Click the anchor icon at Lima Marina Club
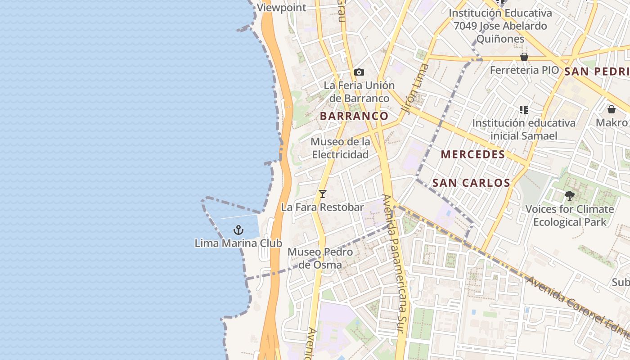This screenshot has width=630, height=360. [238, 230]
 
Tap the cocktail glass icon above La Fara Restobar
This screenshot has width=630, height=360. [322, 194]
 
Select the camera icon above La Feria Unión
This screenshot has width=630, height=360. [359, 72]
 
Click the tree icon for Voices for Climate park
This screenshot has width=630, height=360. [569, 196]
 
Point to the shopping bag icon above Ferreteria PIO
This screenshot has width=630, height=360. [524, 57]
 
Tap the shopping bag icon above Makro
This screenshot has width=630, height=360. [611, 109]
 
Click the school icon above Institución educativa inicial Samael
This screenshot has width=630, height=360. [523, 109]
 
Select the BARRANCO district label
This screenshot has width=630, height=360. [354, 116]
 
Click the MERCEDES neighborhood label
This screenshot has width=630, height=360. [473, 155]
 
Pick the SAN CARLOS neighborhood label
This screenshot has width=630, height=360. [471, 183]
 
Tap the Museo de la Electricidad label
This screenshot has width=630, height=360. [341, 148]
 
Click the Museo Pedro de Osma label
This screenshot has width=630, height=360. [320, 258]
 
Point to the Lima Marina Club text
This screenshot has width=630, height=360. [238, 243]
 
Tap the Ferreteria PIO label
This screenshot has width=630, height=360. [524, 70]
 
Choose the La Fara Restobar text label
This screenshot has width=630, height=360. [322, 207]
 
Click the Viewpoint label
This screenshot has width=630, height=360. [281, 8]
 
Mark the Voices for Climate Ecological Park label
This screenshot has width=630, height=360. [570, 216]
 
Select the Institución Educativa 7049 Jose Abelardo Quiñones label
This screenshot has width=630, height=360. [500, 26]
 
